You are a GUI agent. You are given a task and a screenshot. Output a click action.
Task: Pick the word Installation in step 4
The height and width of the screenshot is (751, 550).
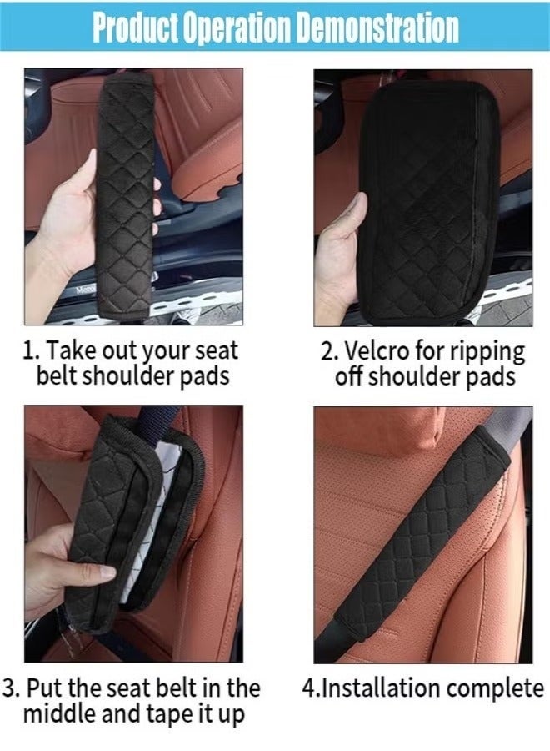pos(382,689)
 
